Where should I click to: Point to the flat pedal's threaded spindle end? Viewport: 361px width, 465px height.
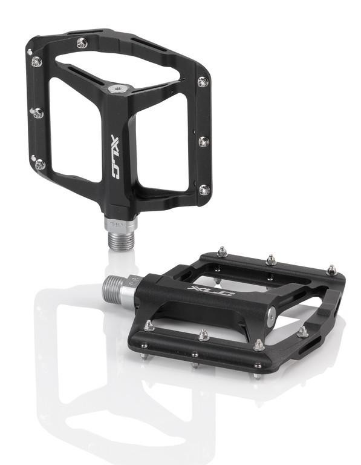[113, 285]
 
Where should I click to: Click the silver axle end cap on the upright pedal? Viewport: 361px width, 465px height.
[119, 88]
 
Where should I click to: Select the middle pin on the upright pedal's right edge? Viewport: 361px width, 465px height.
[203, 141]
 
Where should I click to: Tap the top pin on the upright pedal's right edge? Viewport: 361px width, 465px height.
[203, 81]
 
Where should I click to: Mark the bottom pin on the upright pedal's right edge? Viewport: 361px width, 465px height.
[204, 190]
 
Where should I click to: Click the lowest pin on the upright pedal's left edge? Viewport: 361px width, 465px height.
[40, 163]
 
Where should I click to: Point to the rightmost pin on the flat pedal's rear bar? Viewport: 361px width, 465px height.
[331, 269]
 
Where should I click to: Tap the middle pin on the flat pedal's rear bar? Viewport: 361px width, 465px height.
[272, 259]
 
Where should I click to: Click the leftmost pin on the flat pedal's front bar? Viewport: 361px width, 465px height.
[149, 326]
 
